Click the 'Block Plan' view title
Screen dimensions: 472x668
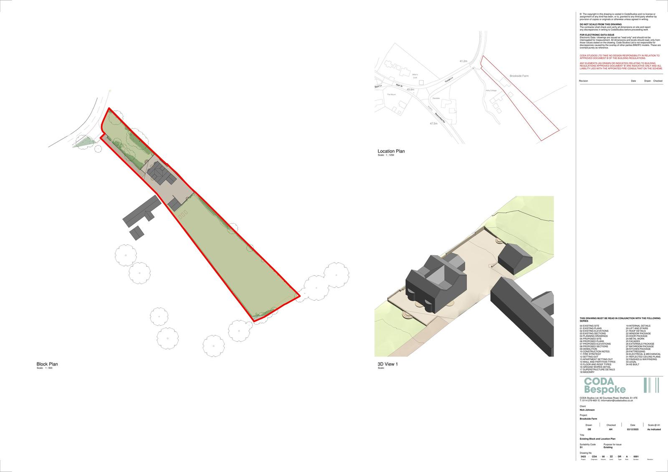pyautogui.click(x=47, y=364)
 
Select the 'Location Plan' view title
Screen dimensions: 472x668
pyautogui.click(x=391, y=151)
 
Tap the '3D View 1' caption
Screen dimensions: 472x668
pyautogui.click(x=388, y=364)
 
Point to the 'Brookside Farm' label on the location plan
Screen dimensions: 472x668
pyautogui.click(x=519, y=76)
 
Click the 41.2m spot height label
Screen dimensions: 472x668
pyautogui.click(x=463, y=61)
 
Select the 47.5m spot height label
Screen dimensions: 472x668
pyautogui.click(x=433, y=124)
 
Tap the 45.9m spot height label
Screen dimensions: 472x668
pyautogui.click(x=410, y=89)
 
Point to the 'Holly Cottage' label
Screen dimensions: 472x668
pyautogui.click(x=491, y=91)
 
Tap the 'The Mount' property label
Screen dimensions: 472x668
pyautogui.click(x=391, y=94)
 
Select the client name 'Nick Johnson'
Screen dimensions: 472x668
pyautogui.click(x=587, y=410)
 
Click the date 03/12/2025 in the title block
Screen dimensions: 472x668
pyautogui.click(x=633, y=429)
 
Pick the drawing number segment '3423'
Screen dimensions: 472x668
pyautogui.click(x=583, y=457)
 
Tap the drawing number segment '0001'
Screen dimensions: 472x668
pyautogui.click(x=636, y=457)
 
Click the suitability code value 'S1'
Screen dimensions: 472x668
pyautogui.click(x=581, y=447)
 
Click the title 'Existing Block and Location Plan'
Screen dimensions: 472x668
pyautogui.click(x=597, y=439)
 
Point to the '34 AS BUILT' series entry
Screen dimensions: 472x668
pyautogui.click(x=632, y=364)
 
